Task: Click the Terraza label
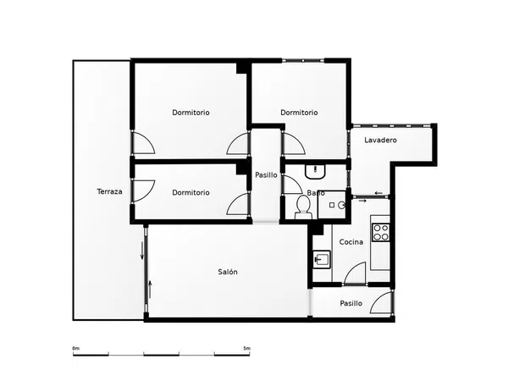point(109,191)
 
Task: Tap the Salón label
point(228,272)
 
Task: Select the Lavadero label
point(380,140)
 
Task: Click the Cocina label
point(351,241)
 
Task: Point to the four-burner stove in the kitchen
point(381,232)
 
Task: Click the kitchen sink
point(322,259)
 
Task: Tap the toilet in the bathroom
point(303,207)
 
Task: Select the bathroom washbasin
point(315,171)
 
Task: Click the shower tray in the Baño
point(332,205)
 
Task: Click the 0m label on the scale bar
point(76,348)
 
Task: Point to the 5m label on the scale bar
point(247,348)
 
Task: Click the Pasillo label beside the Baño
point(266,175)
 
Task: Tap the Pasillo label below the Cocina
point(351,303)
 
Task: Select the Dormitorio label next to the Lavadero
point(299,113)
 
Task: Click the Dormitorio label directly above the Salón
point(190,192)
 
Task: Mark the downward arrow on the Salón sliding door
point(142,250)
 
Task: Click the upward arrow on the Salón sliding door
point(150,290)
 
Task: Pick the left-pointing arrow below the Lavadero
point(378,193)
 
